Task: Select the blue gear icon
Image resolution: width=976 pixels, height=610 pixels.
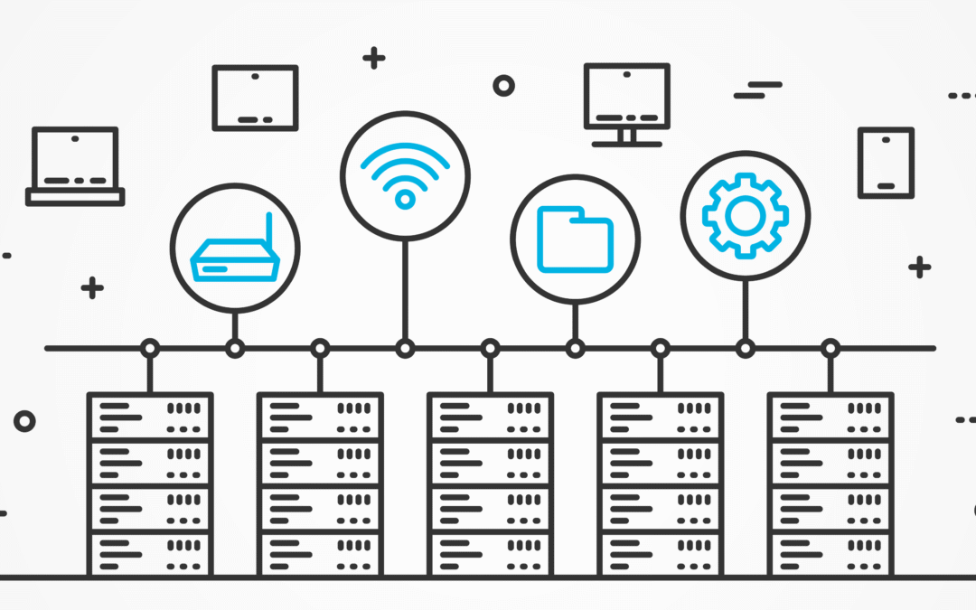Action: click(745, 215)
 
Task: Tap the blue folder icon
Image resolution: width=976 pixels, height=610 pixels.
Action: click(575, 239)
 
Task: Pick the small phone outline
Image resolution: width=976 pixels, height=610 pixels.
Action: click(886, 162)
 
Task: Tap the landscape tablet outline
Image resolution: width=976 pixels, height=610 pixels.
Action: click(255, 98)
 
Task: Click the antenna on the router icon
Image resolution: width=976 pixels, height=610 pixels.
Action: click(267, 233)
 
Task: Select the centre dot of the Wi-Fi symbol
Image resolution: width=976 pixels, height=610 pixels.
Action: click(405, 199)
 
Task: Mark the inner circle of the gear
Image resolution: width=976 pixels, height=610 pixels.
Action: click(745, 215)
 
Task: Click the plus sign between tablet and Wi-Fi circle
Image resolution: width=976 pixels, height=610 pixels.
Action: click(373, 59)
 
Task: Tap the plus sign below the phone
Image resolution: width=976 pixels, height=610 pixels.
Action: click(919, 267)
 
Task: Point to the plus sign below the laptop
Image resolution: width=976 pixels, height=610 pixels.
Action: click(91, 288)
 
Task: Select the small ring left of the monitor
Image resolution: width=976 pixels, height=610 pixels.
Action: click(503, 86)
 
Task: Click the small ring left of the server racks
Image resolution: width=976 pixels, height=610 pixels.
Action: click(24, 420)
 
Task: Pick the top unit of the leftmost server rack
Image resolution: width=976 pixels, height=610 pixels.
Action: click(150, 417)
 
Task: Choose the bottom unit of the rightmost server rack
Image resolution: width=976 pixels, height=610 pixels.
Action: click(831, 553)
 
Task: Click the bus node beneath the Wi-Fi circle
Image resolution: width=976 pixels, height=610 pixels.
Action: click(405, 348)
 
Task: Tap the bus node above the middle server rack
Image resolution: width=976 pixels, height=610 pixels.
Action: click(490, 348)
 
